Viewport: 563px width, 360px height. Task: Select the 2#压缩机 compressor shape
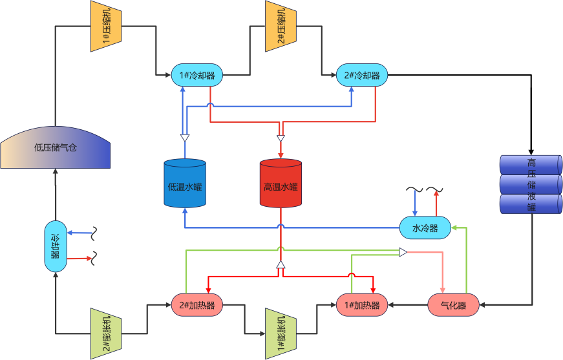(281, 26)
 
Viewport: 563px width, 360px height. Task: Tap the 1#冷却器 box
(197, 76)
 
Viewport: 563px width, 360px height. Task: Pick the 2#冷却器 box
(362, 76)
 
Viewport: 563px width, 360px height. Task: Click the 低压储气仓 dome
(56, 147)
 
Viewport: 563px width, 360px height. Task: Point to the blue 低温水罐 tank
(185, 184)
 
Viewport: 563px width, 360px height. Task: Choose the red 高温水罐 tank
(281, 184)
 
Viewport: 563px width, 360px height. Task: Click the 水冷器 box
(425, 228)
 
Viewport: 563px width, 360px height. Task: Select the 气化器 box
(453, 304)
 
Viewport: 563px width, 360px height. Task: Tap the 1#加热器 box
(362, 304)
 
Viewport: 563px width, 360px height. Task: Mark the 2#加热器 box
(197, 304)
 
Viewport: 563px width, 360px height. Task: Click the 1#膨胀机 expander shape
(281, 334)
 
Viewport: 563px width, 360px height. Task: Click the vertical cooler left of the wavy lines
(56, 246)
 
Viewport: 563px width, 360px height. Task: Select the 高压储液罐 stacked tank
(531, 184)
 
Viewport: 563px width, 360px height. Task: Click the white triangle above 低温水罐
(185, 138)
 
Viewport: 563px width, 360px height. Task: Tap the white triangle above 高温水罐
(281, 138)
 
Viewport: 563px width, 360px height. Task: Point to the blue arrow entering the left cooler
(81, 233)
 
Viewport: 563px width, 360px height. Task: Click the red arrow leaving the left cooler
(81, 259)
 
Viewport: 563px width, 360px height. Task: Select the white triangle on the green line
(403, 251)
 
